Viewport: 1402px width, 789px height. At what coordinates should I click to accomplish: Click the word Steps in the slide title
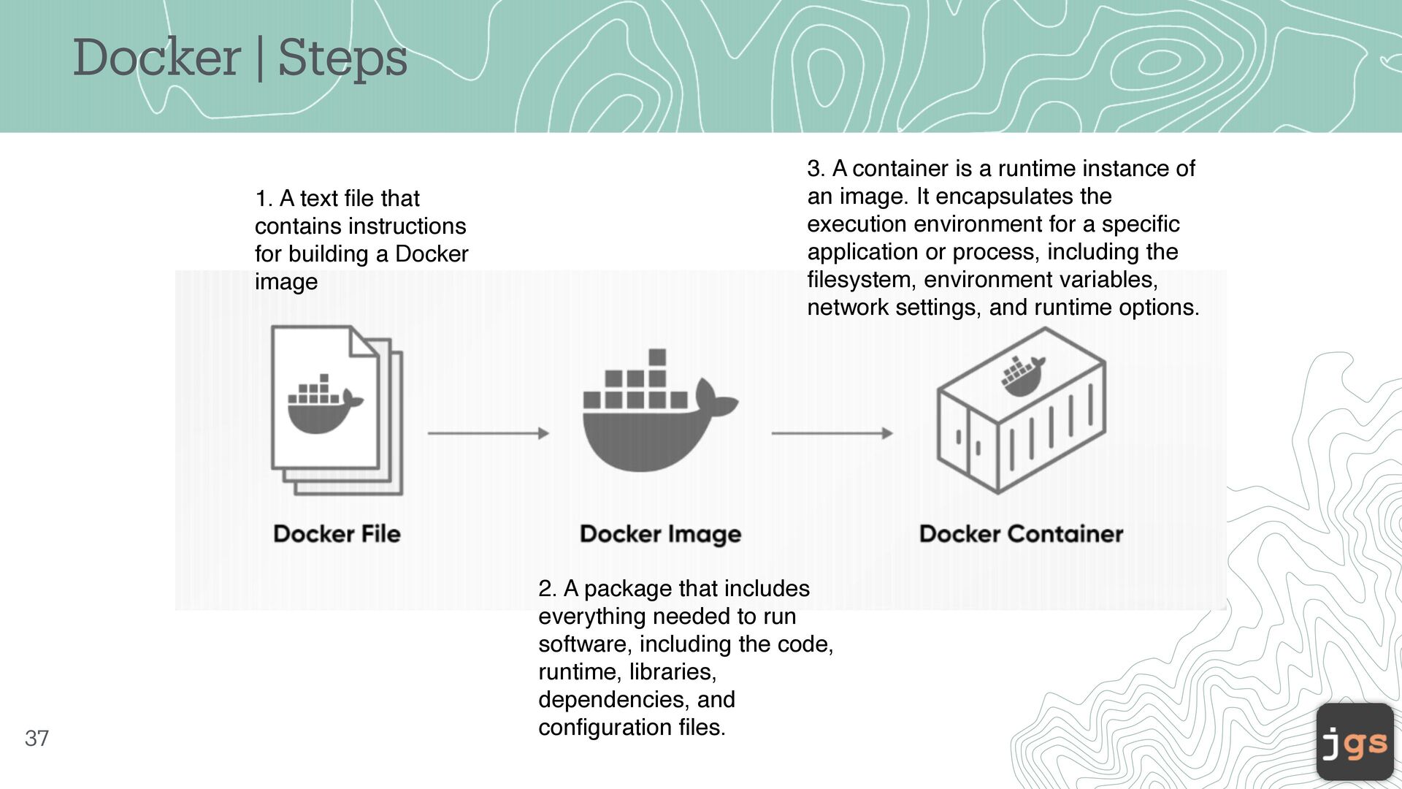[342, 58]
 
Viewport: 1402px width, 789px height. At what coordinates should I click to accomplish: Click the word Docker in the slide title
[157, 58]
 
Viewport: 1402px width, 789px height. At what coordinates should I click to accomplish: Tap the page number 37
[37, 739]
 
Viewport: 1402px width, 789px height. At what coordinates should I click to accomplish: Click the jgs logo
[1355, 742]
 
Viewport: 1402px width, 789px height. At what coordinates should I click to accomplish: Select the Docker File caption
[337, 533]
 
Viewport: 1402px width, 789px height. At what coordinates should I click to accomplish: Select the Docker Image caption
[660, 534]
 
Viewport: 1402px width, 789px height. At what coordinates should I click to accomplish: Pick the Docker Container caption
[1021, 533]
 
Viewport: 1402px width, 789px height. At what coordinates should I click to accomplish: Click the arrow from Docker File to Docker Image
[488, 433]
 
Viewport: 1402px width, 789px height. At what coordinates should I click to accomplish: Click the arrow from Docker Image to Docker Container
[832, 433]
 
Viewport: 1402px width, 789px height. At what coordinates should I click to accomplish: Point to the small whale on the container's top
[1022, 376]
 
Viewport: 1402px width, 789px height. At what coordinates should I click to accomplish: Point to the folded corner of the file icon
[363, 341]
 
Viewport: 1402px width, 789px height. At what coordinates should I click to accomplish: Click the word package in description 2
[628, 589]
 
